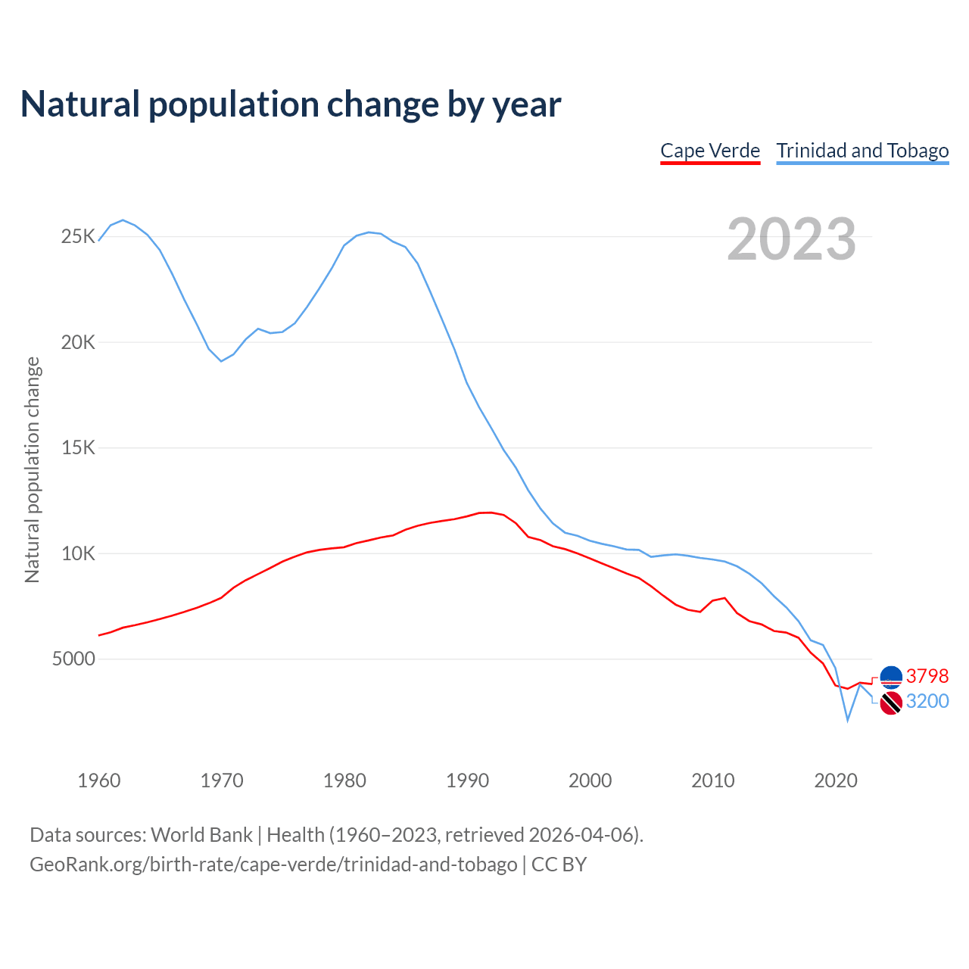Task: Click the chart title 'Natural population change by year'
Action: click(291, 104)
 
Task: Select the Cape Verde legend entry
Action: click(710, 151)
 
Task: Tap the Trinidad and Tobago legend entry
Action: click(862, 151)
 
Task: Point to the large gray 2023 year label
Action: click(791, 239)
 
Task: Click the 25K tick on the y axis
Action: click(78, 237)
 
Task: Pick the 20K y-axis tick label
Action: click(78, 342)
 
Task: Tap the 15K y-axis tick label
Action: click(78, 448)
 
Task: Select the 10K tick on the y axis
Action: click(78, 553)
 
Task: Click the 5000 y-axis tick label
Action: click(73, 659)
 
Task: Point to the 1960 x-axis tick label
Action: click(99, 780)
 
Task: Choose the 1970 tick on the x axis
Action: click(222, 780)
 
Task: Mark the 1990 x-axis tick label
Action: click(467, 780)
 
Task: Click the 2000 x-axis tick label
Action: click(590, 780)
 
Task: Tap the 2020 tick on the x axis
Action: click(835, 780)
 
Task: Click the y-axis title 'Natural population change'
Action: click(33, 470)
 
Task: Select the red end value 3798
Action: click(927, 676)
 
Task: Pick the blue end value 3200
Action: click(927, 702)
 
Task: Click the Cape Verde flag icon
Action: click(891, 676)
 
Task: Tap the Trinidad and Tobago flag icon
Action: click(891, 703)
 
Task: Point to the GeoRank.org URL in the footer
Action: click(273, 865)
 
